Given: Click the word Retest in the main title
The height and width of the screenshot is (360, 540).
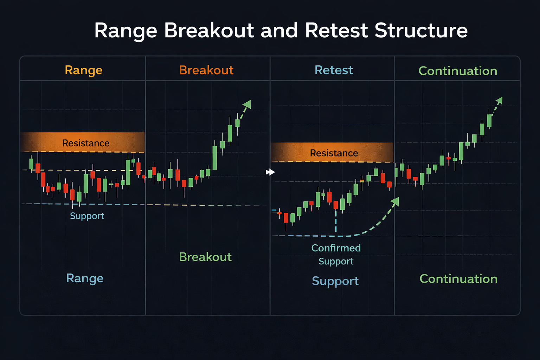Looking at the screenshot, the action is pos(336,31).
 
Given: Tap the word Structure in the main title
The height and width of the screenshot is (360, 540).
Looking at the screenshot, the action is pos(421,31).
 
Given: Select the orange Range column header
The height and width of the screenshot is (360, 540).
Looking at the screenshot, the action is pos(84,70).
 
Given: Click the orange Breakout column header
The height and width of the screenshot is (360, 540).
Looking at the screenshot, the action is pos(206,70).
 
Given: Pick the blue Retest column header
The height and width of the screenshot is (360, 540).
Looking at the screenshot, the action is pos(334,70).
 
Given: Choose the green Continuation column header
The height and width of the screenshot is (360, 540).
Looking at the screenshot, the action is pos(458,71).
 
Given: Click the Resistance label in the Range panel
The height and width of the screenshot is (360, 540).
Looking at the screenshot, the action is pos(86,143).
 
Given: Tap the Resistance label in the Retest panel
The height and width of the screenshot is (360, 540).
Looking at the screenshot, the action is pos(334,153).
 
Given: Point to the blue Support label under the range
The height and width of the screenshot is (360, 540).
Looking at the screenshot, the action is pos(87,216).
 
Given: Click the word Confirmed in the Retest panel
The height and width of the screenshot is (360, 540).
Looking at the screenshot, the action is pos(336,248).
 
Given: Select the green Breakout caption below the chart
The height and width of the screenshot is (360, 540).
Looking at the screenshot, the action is pos(205,257).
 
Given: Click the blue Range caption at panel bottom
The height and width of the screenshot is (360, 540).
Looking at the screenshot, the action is pos(85,279).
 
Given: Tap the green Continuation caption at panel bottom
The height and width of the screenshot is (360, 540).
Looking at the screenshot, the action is pos(458,279).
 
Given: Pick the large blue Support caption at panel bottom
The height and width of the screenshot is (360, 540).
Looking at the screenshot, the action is pos(335,281).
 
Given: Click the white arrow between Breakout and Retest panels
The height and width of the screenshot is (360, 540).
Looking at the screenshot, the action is pos(270,172).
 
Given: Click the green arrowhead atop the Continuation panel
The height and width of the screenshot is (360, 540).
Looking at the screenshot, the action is pos(499,101).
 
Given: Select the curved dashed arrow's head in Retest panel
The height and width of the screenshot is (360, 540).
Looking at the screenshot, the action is pos(396,201).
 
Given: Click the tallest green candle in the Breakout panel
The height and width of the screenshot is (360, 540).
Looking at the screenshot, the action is pos(215,158).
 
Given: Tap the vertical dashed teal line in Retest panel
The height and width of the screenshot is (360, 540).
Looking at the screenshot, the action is pos(336,221).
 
